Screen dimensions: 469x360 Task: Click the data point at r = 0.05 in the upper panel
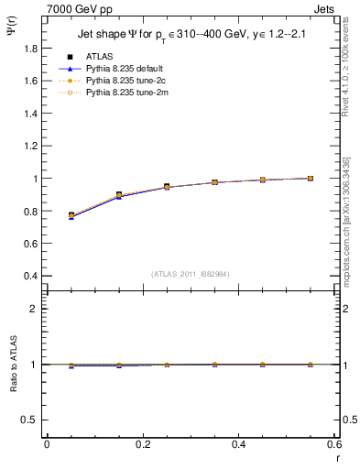click(x=71, y=215)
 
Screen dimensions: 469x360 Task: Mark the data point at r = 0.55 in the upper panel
click(x=311, y=179)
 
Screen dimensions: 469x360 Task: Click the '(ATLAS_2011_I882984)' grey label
click(x=191, y=274)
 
